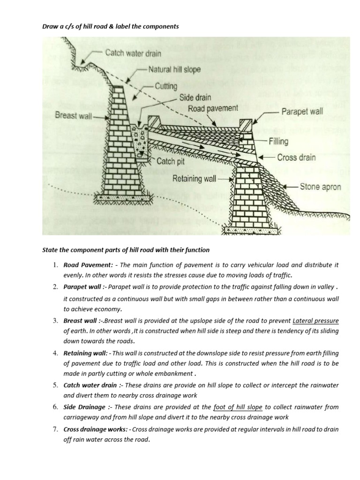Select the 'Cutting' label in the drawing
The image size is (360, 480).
[x=166, y=86]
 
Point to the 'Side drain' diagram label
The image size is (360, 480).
[x=195, y=98]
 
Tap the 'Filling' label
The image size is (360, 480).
[x=279, y=141]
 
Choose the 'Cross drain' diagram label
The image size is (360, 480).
[x=297, y=157]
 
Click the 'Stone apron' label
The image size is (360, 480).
[x=321, y=187]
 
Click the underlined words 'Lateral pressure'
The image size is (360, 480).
[x=315, y=321]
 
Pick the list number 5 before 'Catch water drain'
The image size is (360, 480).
[x=55, y=385]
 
